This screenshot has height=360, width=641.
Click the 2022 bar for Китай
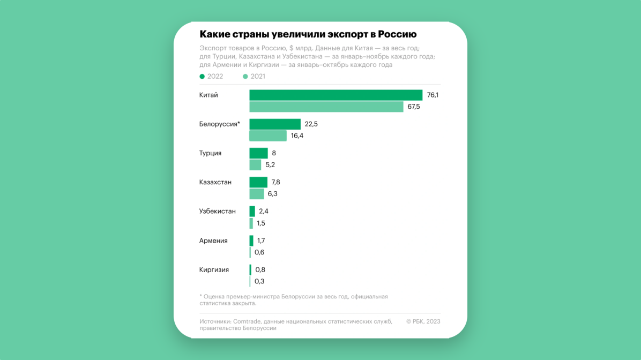point(336,95)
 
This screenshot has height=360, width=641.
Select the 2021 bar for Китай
point(326,107)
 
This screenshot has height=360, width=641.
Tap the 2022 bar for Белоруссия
point(275,124)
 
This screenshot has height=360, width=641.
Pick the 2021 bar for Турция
point(255,165)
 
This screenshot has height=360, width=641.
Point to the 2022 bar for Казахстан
point(258,182)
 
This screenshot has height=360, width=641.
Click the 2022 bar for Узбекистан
point(252,212)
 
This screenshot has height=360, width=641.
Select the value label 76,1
point(433,95)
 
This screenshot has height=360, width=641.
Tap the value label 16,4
point(297,136)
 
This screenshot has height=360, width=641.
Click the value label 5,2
point(270,165)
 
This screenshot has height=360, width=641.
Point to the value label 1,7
point(261,241)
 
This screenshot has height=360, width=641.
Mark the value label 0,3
point(259,282)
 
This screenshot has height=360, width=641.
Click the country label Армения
point(213,241)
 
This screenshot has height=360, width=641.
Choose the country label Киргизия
point(214,270)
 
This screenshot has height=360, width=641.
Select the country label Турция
point(210,153)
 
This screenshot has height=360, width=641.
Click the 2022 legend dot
point(202,77)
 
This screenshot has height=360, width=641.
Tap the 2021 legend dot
point(245,77)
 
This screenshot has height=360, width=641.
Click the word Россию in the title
point(397,35)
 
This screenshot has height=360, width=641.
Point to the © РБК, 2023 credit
point(423,322)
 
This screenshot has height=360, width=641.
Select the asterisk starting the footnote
point(200,296)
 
